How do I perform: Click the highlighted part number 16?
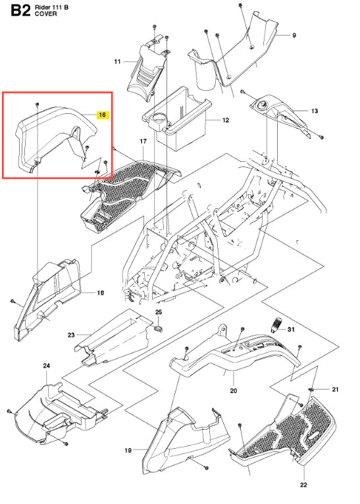[102, 114]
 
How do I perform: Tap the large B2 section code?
[21, 10]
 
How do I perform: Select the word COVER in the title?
[46, 14]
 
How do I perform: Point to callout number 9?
[294, 35]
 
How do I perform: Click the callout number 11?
[117, 61]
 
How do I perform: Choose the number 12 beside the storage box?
[226, 120]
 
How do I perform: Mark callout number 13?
[315, 111]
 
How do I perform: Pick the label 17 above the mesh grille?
[143, 141]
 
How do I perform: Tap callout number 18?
[101, 293]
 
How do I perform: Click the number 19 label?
[128, 450]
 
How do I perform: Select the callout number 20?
[234, 391]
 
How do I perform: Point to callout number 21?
[335, 390]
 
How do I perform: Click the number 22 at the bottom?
[303, 485]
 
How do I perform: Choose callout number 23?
[71, 335]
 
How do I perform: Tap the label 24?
[47, 366]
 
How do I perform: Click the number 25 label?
[159, 312]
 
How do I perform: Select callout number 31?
[291, 330]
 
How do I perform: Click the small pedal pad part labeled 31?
[276, 325]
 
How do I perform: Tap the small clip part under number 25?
[159, 328]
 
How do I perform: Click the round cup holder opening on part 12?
[157, 118]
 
